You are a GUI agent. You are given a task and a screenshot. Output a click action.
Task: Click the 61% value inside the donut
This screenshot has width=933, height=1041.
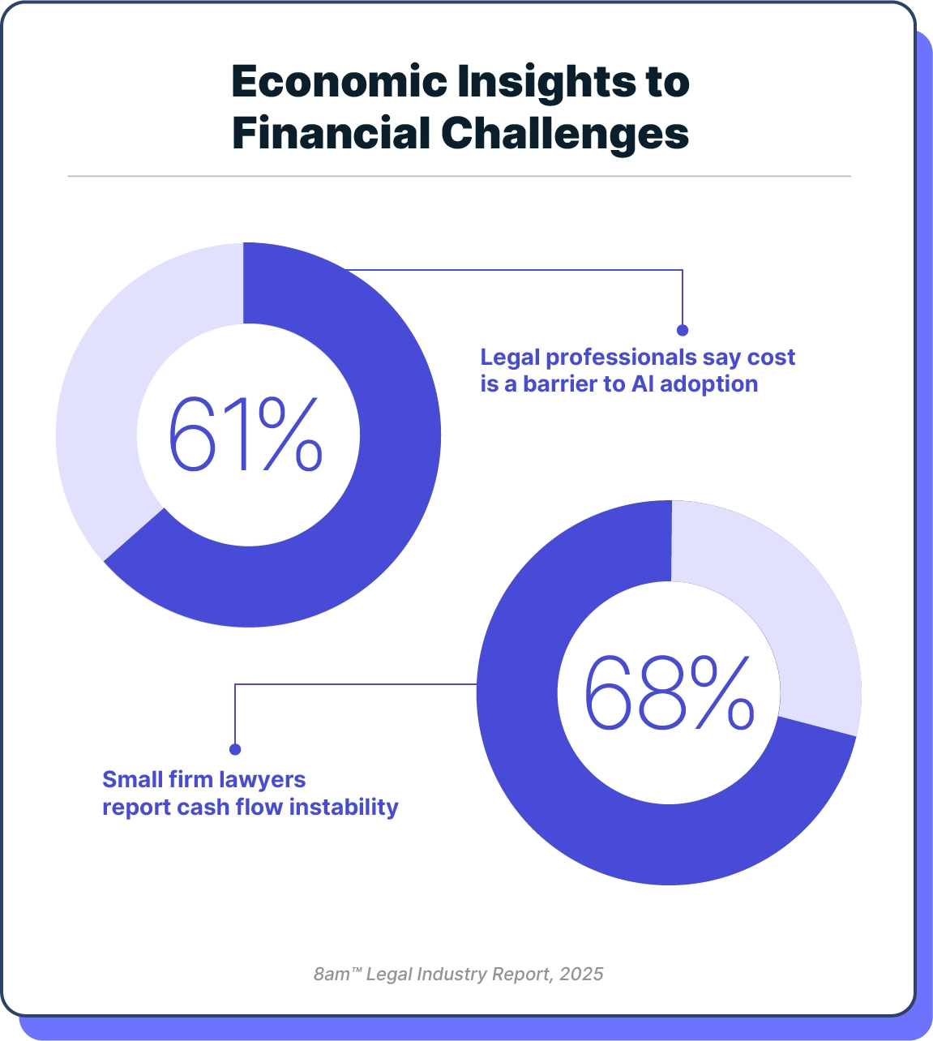point(246,435)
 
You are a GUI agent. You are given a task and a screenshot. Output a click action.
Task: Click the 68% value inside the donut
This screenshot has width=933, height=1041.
point(669,693)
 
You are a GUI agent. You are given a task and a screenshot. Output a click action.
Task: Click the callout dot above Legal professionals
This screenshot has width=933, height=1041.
point(683,330)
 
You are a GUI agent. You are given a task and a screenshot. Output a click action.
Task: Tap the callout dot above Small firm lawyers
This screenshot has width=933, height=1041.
point(235,749)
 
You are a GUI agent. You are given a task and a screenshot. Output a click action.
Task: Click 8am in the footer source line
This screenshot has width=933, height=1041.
point(332,974)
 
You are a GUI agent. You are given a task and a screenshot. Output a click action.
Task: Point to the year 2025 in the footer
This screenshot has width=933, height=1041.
point(581,974)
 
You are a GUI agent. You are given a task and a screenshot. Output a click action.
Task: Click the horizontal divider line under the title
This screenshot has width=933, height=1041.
point(459,176)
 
